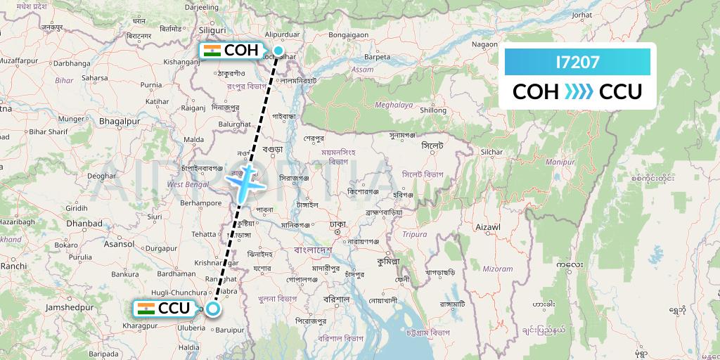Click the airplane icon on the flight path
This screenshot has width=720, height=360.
(x=244, y=184)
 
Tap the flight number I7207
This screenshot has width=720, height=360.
(x=577, y=63)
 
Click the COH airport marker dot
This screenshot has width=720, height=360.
(x=278, y=50)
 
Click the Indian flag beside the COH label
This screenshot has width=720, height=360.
(x=211, y=51)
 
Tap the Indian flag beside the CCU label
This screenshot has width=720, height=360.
(x=146, y=308)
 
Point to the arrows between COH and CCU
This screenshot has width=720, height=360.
(x=579, y=92)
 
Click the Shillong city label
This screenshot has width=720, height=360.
(x=433, y=110)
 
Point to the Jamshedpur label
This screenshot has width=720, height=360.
(x=69, y=308)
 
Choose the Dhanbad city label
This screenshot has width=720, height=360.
(x=85, y=224)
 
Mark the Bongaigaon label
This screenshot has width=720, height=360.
(x=349, y=34)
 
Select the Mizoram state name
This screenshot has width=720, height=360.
(x=498, y=269)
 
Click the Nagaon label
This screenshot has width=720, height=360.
(x=484, y=44)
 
